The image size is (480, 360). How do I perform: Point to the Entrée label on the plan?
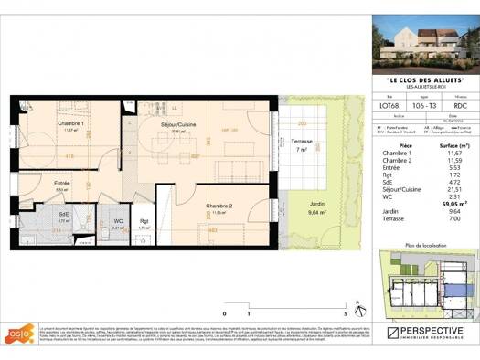point(62,184)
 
